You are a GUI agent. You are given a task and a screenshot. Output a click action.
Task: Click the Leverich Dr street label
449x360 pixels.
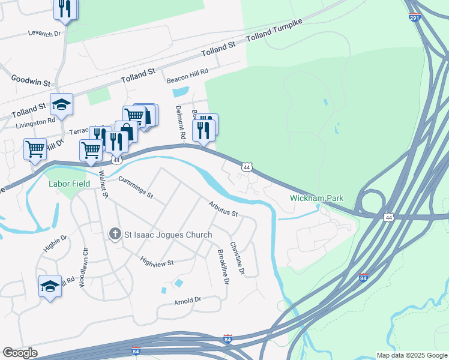(x=44, y=33)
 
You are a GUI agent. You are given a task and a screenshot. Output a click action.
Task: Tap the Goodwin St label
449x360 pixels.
(x=31, y=81)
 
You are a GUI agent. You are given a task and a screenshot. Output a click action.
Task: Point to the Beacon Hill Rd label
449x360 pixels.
(x=187, y=71)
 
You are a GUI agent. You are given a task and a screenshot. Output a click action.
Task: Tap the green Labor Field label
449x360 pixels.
(x=69, y=184)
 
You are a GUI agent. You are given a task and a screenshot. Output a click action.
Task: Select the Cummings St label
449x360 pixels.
(x=136, y=187)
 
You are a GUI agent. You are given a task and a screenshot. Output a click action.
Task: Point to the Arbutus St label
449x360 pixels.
(x=223, y=209)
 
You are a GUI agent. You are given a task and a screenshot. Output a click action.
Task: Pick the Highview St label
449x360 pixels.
(x=156, y=262)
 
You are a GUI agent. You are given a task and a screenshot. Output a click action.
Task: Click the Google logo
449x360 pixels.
(x=19, y=353)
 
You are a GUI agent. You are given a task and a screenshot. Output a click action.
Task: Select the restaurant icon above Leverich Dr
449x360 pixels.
(x=65, y=8)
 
